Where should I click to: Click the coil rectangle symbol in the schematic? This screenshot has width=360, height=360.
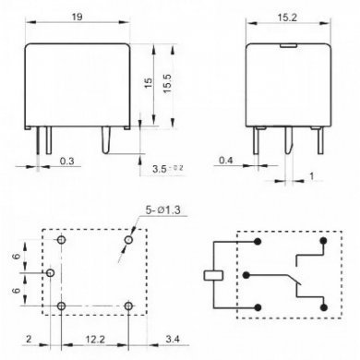click(210, 275)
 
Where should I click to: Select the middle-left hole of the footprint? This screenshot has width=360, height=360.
click(51, 274)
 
